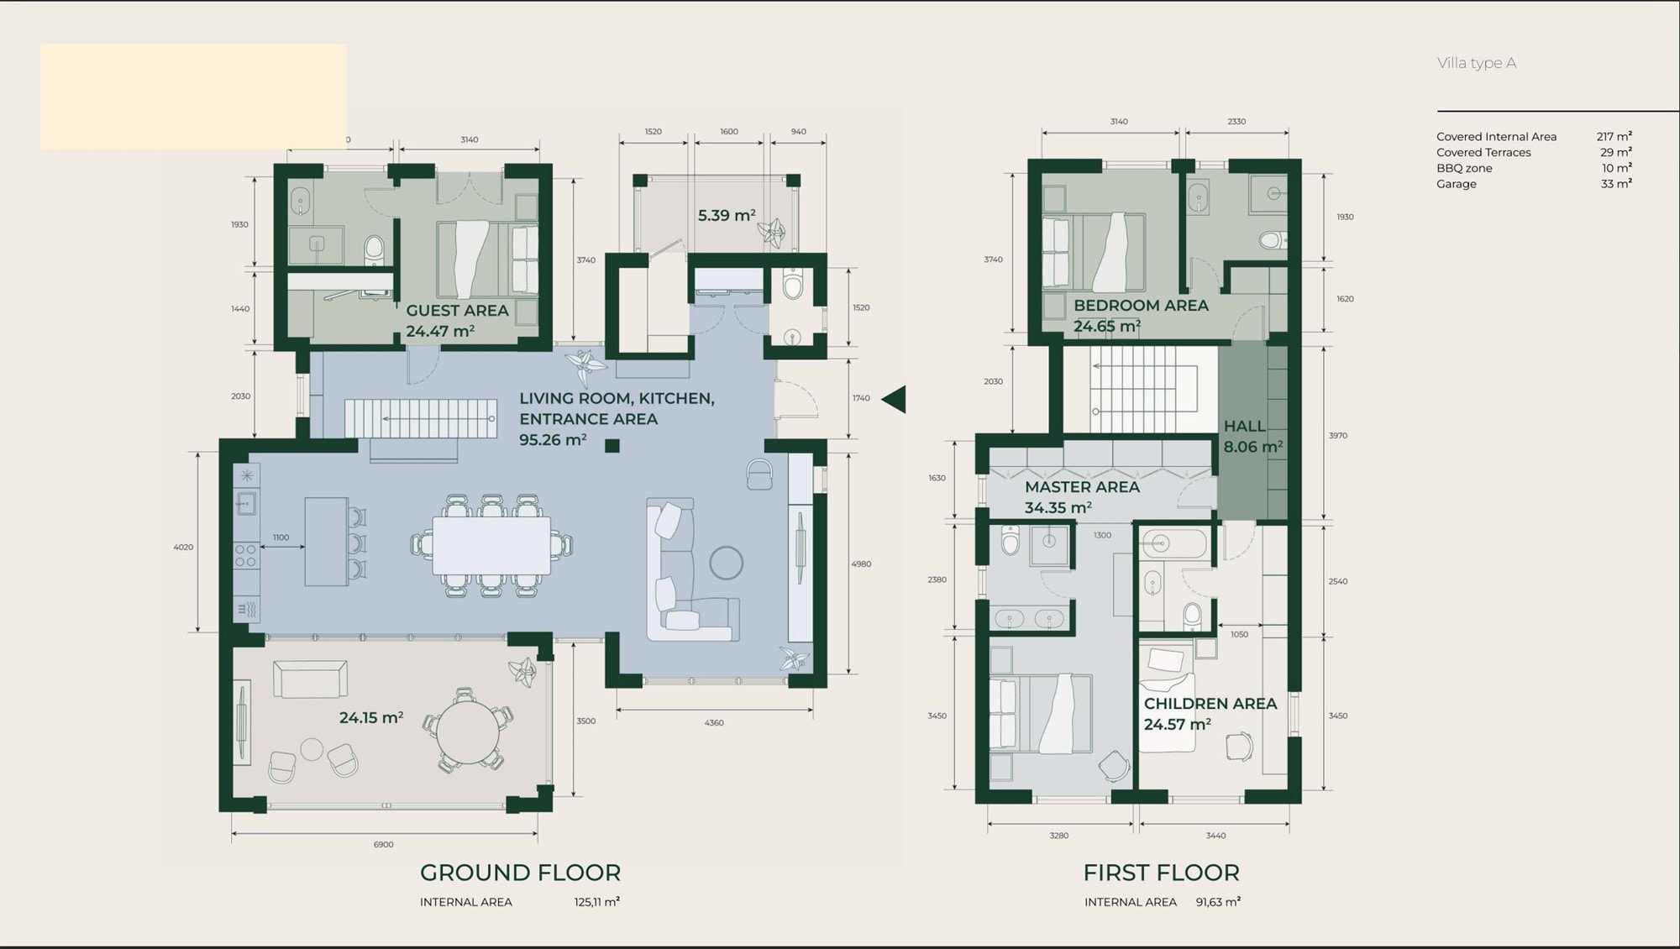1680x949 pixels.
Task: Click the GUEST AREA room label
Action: coord(457,311)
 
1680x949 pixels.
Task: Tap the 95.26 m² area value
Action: coord(552,439)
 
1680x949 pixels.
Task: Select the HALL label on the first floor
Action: coord(1244,426)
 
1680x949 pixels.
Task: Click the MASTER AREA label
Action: coord(1082,487)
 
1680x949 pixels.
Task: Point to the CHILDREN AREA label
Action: coord(1210,704)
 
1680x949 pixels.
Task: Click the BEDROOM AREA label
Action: coord(1141,306)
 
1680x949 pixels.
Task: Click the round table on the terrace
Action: coord(468,731)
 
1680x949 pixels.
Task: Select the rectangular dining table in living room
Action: coord(491,546)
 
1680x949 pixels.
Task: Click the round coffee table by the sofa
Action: coord(726,563)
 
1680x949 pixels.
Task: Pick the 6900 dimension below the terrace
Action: coord(383,844)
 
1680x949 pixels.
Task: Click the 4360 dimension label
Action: coord(714,722)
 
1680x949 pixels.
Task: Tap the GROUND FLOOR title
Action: coord(520,873)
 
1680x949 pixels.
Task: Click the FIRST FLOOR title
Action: coord(1161,873)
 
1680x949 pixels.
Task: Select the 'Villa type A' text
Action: coord(1477,63)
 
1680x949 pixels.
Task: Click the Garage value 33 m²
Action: coord(1616,184)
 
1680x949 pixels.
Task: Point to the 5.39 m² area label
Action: coord(727,216)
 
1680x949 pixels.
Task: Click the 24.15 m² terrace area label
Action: coord(371,718)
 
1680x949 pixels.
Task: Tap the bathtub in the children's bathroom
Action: coord(1174,544)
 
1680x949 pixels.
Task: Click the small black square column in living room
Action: coord(612,446)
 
